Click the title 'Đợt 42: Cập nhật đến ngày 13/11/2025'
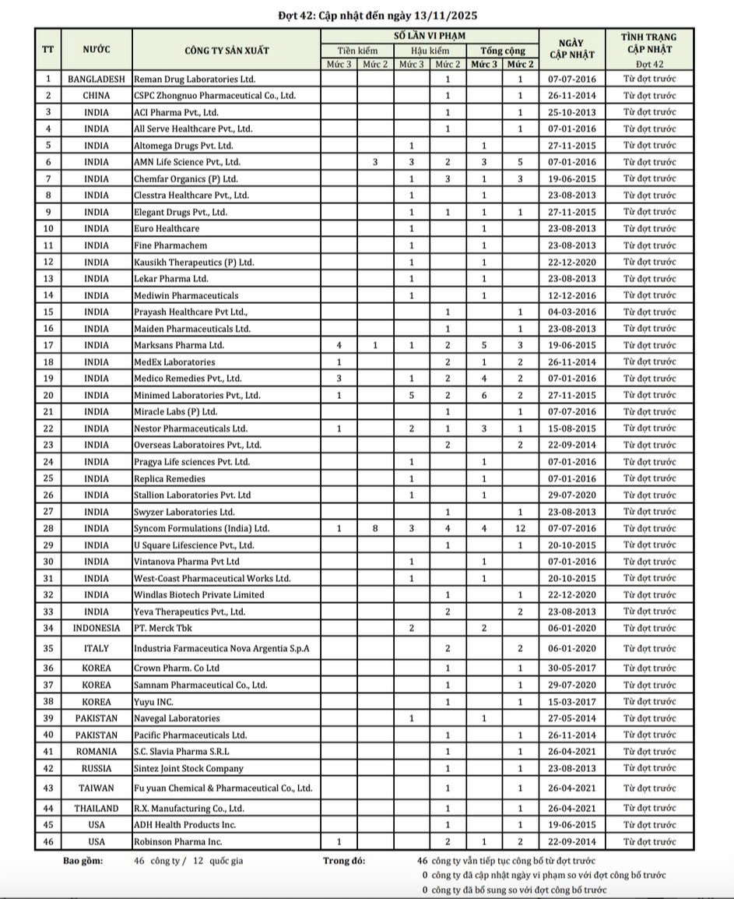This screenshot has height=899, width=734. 367,15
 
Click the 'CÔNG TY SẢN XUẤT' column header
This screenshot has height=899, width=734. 227,51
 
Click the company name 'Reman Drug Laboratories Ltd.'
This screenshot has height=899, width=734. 195,79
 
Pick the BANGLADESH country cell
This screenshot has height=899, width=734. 97,79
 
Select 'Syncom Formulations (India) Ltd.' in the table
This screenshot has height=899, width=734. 202,528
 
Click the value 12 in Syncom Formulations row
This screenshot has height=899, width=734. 520,528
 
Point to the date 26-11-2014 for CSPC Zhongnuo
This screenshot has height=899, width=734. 571,96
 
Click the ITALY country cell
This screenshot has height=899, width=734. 97,648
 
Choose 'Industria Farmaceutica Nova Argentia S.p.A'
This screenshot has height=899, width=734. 216,648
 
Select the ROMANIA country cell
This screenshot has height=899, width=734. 97,752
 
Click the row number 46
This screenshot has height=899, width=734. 48,841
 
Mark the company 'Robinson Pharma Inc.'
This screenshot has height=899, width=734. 178,841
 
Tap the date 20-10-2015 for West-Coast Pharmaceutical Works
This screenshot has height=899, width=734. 571,578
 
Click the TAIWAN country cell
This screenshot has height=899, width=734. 97,788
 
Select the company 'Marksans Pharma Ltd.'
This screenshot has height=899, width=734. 179,345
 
